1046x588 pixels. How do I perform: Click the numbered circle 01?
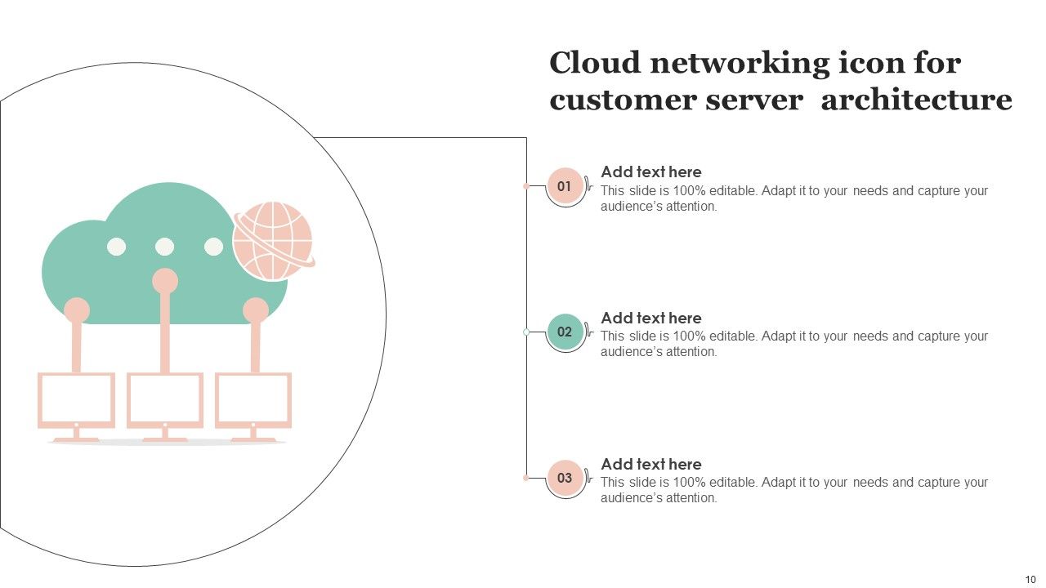565,186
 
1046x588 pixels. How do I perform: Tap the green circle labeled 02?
565,332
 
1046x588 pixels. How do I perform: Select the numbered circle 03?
565,478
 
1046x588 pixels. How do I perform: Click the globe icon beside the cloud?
273,241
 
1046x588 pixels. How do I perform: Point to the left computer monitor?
77,399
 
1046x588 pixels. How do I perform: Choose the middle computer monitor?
165,399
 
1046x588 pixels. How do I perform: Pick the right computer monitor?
253,399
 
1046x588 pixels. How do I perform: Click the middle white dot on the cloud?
165,247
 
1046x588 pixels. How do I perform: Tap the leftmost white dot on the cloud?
117,247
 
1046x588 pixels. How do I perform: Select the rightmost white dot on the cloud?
213,247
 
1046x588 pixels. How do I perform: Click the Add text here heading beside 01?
651,172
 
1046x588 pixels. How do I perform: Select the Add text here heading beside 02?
651,318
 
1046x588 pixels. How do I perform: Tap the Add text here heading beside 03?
651,464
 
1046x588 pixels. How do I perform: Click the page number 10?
1030,579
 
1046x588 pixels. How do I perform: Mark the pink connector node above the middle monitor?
165,281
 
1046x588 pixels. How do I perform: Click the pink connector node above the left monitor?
77,310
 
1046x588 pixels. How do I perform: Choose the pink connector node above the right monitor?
256,310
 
